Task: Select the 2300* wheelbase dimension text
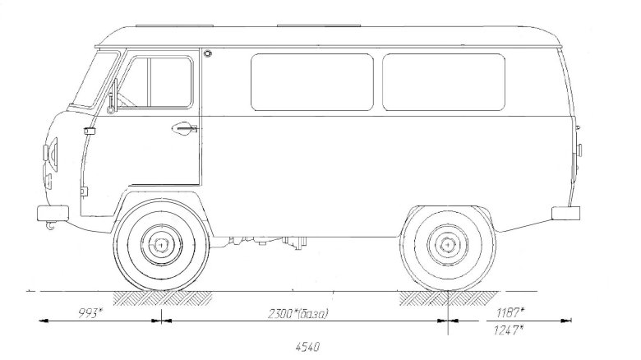tap(298, 313)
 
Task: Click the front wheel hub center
tap(161, 245)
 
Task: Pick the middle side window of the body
tap(312, 82)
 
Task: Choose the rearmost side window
tap(444, 82)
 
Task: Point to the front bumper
tap(51, 213)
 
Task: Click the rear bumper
tap(566, 214)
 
